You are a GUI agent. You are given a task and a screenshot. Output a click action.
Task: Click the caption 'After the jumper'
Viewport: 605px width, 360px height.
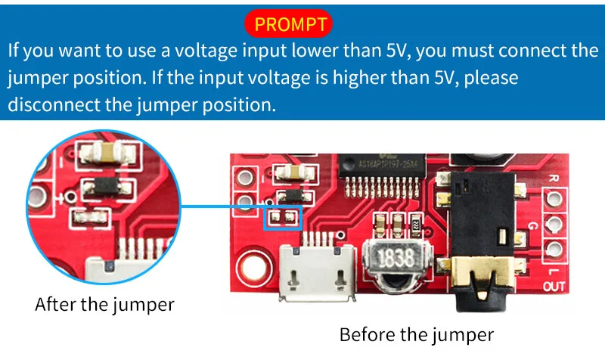pos(104,305)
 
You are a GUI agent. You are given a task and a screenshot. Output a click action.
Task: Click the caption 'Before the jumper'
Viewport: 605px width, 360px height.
pos(416,334)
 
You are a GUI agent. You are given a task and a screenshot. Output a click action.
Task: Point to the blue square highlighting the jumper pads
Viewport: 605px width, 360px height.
pos(281,218)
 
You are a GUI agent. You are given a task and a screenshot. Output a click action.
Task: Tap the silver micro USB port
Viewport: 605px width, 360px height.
pos(315,269)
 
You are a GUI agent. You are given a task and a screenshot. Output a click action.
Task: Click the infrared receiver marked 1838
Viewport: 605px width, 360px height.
pos(396,260)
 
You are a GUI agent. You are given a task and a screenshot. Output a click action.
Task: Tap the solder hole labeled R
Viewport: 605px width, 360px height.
pos(556,197)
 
